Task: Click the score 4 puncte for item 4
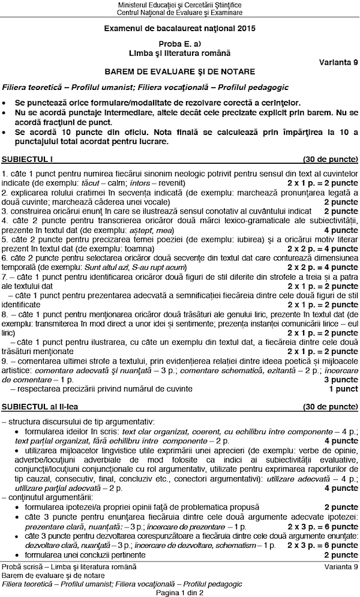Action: coord(341,230)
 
